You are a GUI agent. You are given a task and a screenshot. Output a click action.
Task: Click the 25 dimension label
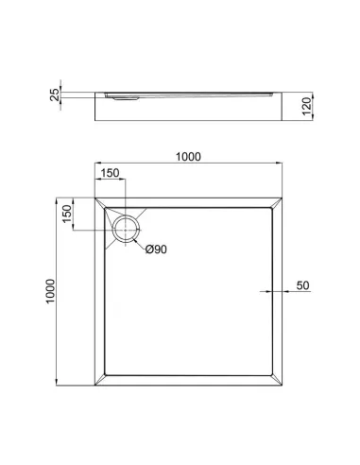tap(55, 95)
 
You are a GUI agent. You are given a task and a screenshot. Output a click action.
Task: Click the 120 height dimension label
tap(306, 106)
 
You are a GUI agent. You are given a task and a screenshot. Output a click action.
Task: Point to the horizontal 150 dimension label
tap(110, 173)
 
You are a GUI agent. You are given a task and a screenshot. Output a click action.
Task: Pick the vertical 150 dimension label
tap(67, 214)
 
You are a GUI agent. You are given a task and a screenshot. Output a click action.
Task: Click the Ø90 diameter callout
tap(156, 250)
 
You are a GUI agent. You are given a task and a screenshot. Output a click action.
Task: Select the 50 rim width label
tap(302, 285)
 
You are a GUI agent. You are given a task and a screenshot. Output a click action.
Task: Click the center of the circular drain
tap(126, 230)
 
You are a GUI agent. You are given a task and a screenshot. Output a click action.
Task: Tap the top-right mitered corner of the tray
tap(277, 202)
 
